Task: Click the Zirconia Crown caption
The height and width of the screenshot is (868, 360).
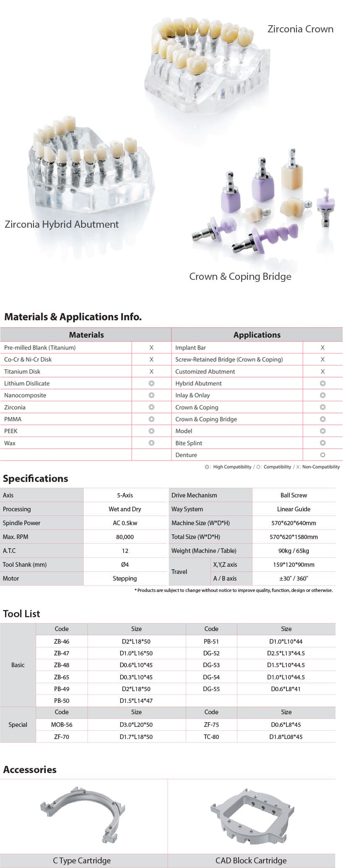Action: pyautogui.click(x=300, y=29)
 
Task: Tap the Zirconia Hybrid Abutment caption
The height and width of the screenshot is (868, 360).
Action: pyautogui.click(x=62, y=224)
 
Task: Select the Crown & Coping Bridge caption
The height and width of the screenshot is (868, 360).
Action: pyautogui.click(x=240, y=276)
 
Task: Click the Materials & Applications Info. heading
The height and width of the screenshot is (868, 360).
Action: pyautogui.click(x=73, y=317)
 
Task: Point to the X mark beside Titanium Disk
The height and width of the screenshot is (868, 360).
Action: pyautogui.click(x=152, y=371)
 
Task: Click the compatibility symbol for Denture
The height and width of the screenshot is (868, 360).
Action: pyautogui.click(x=323, y=455)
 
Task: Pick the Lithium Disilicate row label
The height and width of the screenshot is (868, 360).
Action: pyautogui.click(x=27, y=384)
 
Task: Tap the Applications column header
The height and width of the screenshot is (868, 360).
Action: pyautogui.click(x=257, y=335)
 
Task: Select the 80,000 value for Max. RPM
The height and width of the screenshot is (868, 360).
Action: pyautogui.click(x=125, y=537)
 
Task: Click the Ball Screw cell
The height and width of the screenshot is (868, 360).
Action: pyautogui.click(x=294, y=495)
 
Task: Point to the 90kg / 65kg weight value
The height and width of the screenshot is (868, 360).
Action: pyautogui.click(x=294, y=551)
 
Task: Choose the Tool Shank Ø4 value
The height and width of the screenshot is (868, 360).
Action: pyautogui.click(x=125, y=565)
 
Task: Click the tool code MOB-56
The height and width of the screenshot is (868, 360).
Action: pyautogui.click(x=62, y=725)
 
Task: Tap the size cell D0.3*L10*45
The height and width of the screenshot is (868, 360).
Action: pyautogui.click(x=136, y=677)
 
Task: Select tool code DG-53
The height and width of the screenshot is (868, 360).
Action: pyautogui.click(x=211, y=665)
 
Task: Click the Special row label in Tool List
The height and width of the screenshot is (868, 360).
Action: pyautogui.click(x=18, y=725)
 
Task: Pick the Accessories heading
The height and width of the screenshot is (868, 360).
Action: pyautogui.click(x=30, y=770)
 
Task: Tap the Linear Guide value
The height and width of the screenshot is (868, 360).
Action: pyautogui.click(x=294, y=509)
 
